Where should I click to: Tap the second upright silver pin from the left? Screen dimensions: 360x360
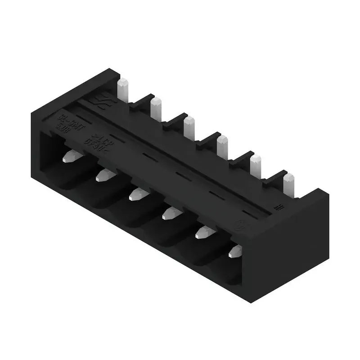click(156, 108)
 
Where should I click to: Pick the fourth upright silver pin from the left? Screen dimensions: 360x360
click(222, 145)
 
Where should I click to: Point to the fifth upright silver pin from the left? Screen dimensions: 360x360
click(256, 164)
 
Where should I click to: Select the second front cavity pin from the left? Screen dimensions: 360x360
click(104, 175)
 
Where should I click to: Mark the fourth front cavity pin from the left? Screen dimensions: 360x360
click(170, 213)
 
